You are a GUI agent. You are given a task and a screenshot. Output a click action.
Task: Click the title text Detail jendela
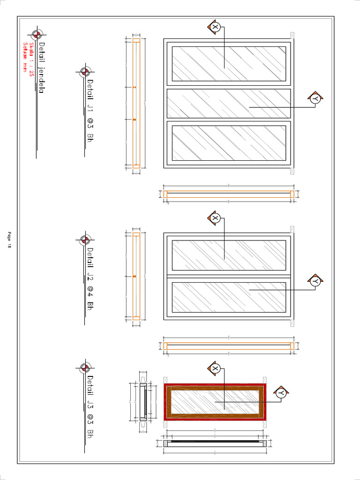[x=41, y=68]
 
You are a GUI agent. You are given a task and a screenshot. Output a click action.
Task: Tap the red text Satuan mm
[x=25, y=57]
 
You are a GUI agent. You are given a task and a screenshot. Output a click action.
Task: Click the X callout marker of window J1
[x=215, y=27]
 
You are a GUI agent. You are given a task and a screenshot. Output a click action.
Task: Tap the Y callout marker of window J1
[x=315, y=98]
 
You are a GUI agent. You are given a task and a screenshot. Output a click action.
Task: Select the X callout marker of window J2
[x=215, y=218]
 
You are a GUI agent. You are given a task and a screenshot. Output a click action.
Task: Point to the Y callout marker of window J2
[x=315, y=281]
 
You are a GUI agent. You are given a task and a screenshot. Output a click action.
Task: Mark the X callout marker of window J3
[x=215, y=368]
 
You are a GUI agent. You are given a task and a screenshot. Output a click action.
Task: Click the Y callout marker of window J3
[x=281, y=393]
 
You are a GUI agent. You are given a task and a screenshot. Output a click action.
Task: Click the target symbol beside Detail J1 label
[x=85, y=72]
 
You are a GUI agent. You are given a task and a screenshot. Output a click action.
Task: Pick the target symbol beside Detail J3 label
[x=85, y=367]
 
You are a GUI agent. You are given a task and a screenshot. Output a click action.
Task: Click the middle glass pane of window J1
[x=229, y=103]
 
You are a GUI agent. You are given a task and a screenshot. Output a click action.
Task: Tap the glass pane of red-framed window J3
[x=215, y=402]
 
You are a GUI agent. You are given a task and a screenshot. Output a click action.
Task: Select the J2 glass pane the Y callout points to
[x=229, y=297]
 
